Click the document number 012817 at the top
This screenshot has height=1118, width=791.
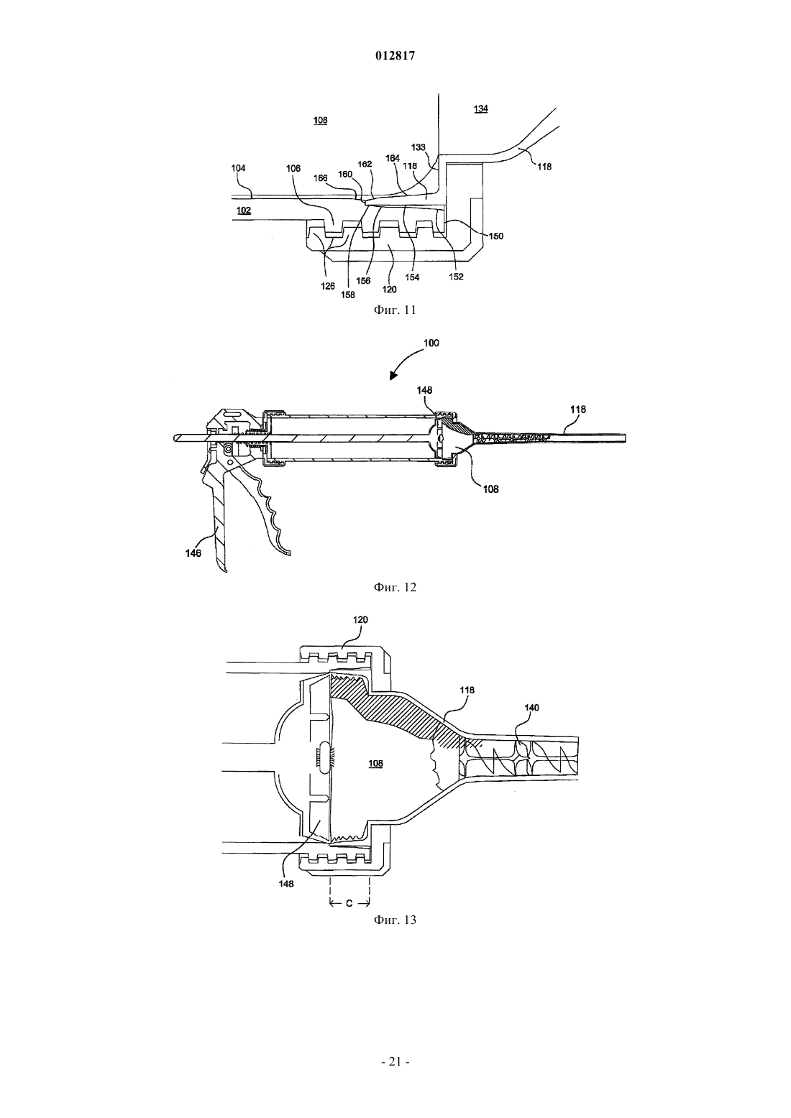(x=395, y=56)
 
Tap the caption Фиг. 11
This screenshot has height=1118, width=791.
(x=395, y=310)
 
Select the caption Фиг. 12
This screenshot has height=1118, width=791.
(x=395, y=587)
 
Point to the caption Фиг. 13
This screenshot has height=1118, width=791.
(x=395, y=920)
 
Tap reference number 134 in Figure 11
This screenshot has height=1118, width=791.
(x=481, y=108)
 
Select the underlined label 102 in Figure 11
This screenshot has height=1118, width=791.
(x=244, y=211)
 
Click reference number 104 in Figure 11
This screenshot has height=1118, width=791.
(x=238, y=168)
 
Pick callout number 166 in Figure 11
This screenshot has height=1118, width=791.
(x=320, y=178)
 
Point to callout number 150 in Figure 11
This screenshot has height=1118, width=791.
(x=496, y=236)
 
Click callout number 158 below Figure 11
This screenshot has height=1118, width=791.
(x=347, y=295)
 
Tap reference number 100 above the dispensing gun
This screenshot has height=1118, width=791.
(x=431, y=343)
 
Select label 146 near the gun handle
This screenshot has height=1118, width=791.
(x=193, y=553)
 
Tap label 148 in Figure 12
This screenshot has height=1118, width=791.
(x=424, y=390)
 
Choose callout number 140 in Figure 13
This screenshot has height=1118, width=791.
(x=532, y=707)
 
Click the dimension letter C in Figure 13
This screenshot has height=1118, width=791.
(x=349, y=903)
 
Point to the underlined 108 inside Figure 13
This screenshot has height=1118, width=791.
(x=375, y=763)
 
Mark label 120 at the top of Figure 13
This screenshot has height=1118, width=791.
(x=360, y=619)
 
